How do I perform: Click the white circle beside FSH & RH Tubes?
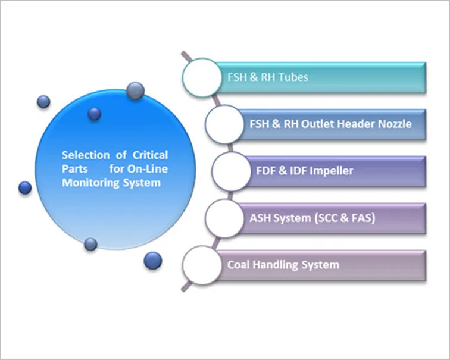[x=202, y=77]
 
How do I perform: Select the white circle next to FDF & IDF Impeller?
[x=232, y=171]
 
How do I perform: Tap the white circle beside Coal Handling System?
[x=202, y=265]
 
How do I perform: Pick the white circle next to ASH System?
[x=225, y=218]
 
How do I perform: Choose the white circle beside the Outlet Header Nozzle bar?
[x=225, y=124]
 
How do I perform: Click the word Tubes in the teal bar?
[x=293, y=77]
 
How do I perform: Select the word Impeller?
[x=332, y=171]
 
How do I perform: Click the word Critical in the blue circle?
[x=150, y=155]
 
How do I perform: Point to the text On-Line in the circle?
[x=148, y=169]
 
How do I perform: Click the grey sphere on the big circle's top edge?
[x=136, y=91]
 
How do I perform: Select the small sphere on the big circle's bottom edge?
[x=90, y=245]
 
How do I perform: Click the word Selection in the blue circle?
[x=86, y=155]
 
